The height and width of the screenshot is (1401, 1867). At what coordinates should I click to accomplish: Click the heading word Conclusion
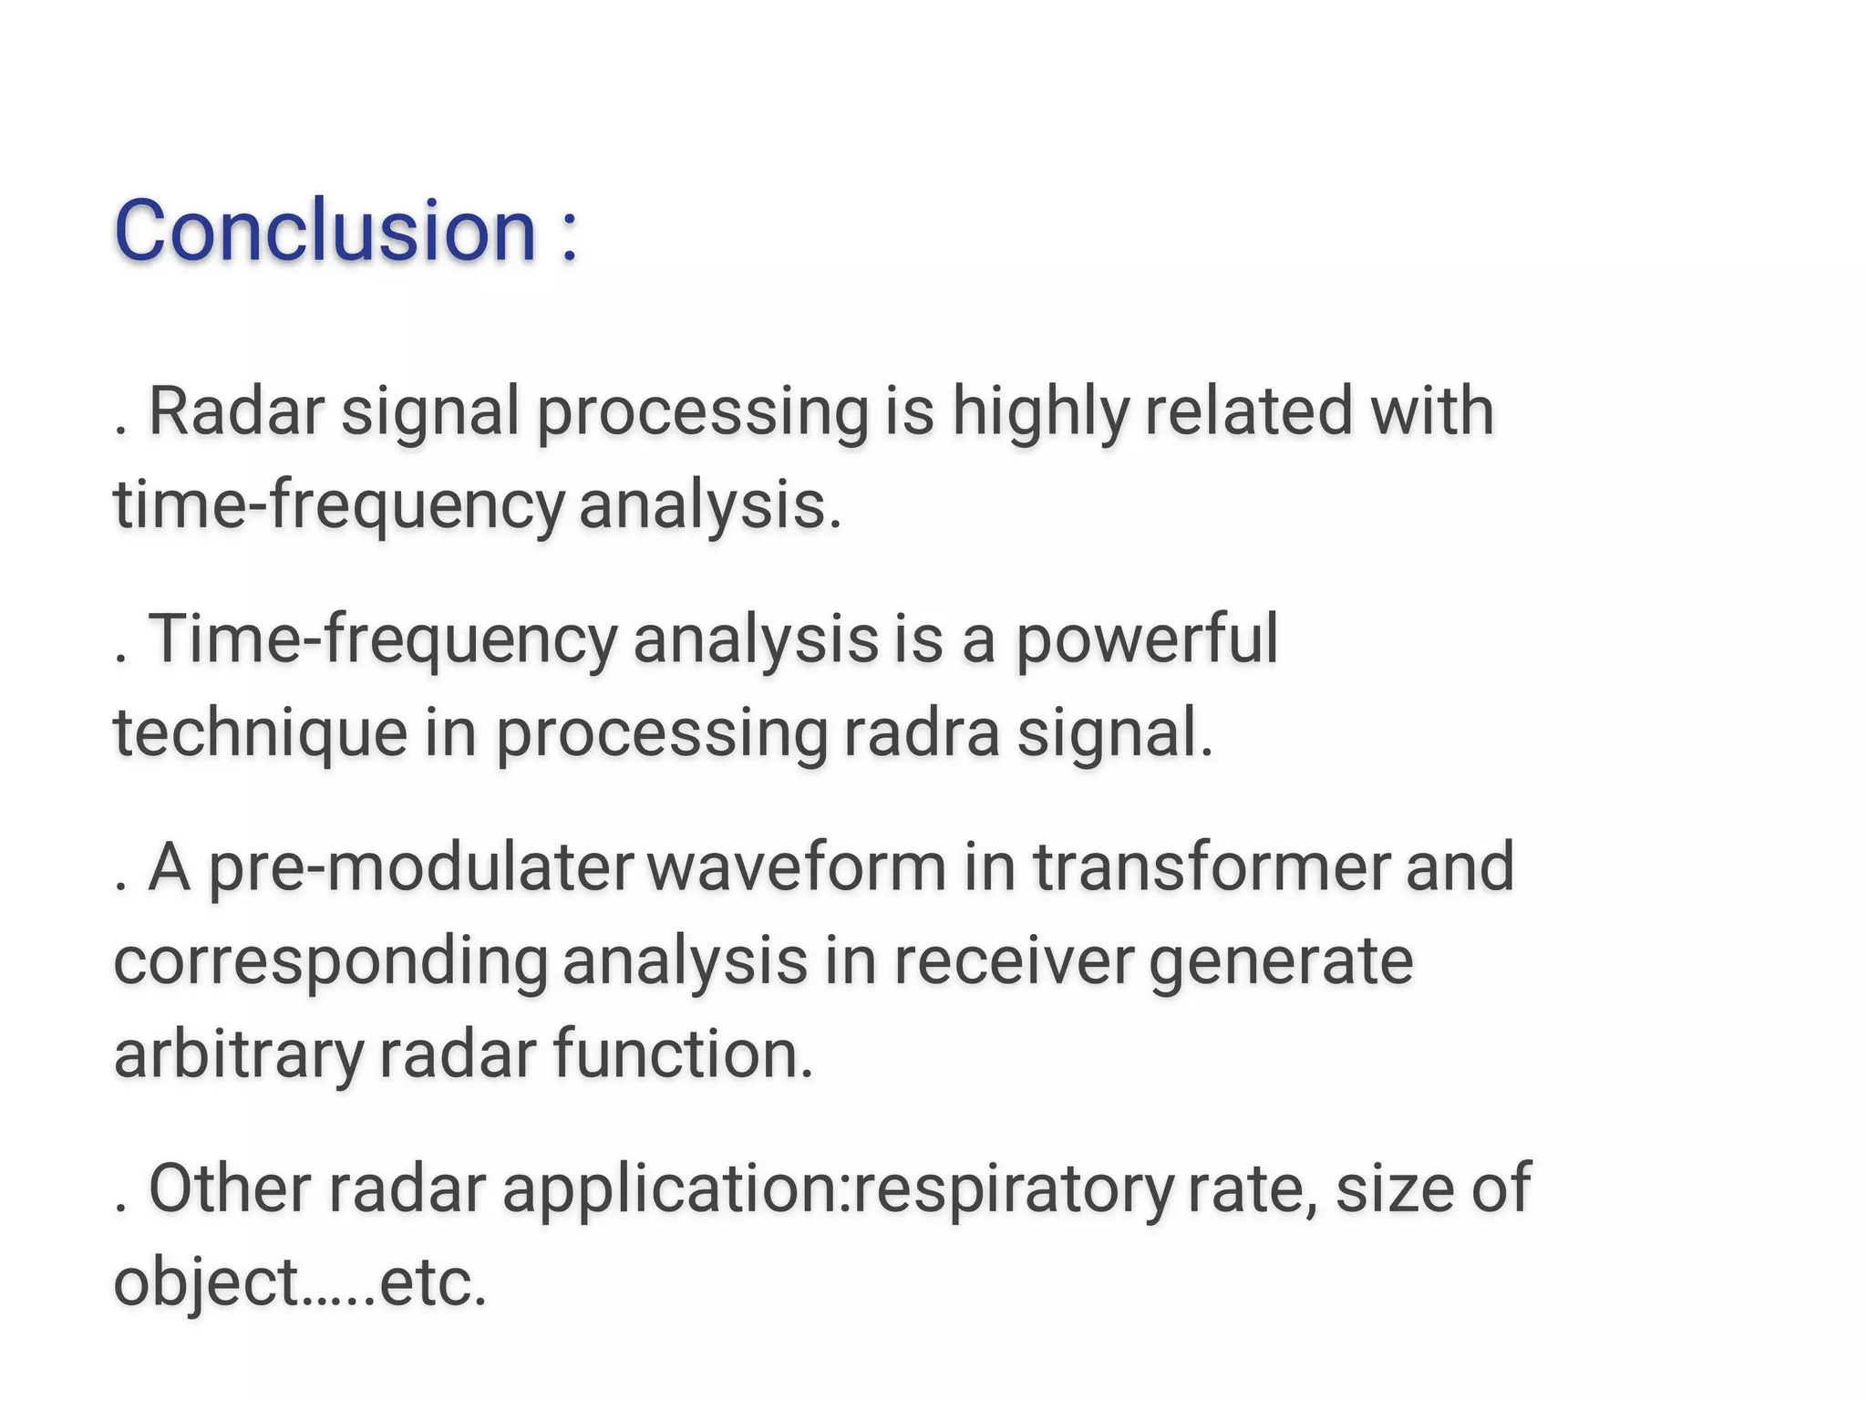pyautogui.click(x=325, y=230)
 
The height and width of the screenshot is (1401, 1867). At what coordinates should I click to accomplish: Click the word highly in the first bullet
pyautogui.click(x=1039, y=412)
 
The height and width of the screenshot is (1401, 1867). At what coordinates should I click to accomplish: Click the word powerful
pyautogui.click(x=1146, y=640)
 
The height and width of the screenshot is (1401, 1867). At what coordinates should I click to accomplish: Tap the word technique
pyautogui.click(x=260, y=735)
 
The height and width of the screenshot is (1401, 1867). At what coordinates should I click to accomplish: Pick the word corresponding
pyautogui.click(x=330, y=964)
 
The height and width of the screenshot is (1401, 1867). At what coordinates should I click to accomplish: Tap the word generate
pyautogui.click(x=1281, y=964)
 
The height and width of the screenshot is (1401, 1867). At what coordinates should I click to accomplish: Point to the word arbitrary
pyautogui.click(x=238, y=1055)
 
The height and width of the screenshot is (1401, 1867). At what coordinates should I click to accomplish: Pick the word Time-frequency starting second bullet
pyautogui.click(x=382, y=640)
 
